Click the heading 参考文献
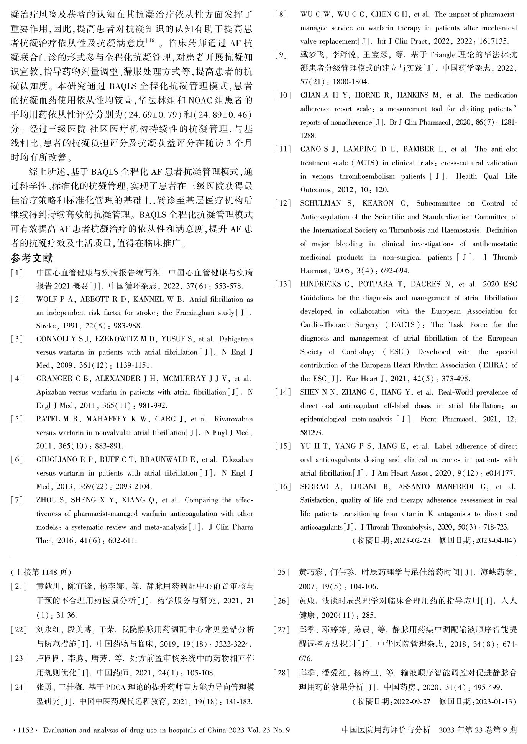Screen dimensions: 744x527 click(32, 259)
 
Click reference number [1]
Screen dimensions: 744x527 click(17, 273)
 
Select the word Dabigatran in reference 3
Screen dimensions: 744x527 click(236, 339)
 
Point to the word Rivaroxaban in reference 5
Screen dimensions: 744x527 click(233, 419)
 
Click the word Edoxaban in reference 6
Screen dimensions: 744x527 click(237, 459)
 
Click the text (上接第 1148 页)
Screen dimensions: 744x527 click(41, 572)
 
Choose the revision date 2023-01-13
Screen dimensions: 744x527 click(493, 702)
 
